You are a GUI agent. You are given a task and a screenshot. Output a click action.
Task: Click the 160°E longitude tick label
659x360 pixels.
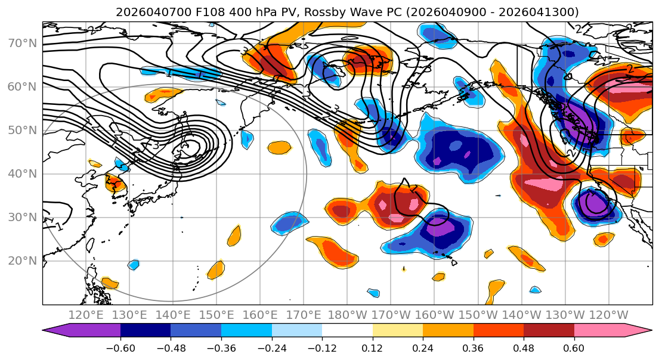point(260,314)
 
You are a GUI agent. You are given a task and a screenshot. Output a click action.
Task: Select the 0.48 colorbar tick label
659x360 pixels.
point(524,347)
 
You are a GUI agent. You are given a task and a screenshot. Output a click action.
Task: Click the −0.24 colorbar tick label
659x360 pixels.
point(271,347)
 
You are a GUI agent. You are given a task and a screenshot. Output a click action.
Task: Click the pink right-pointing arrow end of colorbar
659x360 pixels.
point(638,331)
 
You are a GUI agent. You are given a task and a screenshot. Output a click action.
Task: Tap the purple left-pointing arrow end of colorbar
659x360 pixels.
point(57,331)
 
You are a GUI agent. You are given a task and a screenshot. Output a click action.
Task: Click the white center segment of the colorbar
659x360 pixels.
point(347,331)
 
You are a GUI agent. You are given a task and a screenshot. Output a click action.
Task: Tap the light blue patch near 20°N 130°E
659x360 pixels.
point(134,264)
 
